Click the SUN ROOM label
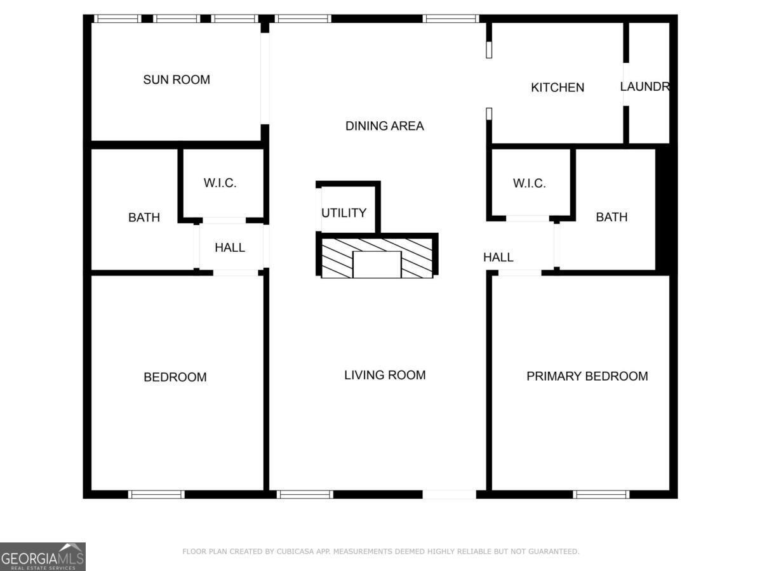pyautogui.click(x=177, y=80)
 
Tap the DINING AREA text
pyautogui.click(x=384, y=126)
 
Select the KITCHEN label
pyautogui.click(x=558, y=88)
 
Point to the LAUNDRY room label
pyautogui.click(x=645, y=87)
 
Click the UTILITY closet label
pyautogui.click(x=344, y=213)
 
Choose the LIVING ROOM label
pyautogui.click(x=385, y=375)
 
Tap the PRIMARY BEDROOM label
pyautogui.click(x=587, y=376)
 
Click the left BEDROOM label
pyautogui.click(x=175, y=377)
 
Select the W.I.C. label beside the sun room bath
pyautogui.click(x=220, y=183)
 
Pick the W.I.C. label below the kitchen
pyautogui.click(x=530, y=183)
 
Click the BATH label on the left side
pyautogui.click(x=144, y=218)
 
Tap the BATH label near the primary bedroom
pyautogui.click(x=612, y=217)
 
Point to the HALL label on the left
pyautogui.click(x=230, y=247)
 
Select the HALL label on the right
pyautogui.click(x=498, y=257)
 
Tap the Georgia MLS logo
pyautogui.click(x=43, y=556)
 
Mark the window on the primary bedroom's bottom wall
pyautogui.click(x=601, y=494)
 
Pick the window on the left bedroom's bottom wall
pyautogui.click(x=156, y=494)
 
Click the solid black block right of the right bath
pyautogui.click(x=663, y=209)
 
